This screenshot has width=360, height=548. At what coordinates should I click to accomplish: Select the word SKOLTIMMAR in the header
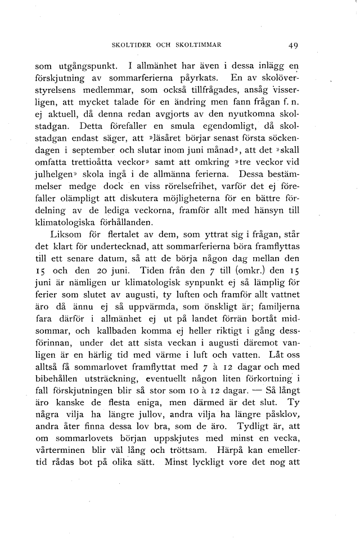click(x=200, y=46)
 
